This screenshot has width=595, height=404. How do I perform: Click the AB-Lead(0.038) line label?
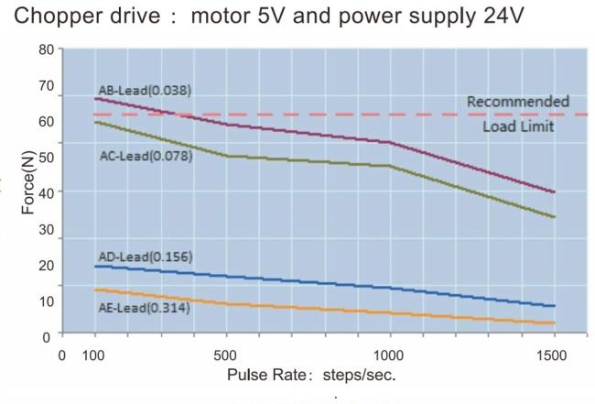click(x=146, y=90)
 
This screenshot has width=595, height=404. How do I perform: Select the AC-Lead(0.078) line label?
click(x=146, y=156)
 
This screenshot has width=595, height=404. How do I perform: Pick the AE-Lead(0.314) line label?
click(x=144, y=308)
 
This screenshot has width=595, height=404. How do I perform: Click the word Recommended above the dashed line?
click(x=518, y=101)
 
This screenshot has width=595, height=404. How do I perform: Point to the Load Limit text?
click(x=518, y=126)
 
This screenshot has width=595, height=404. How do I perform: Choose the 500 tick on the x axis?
click(x=225, y=354)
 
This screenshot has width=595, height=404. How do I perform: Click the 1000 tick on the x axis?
click(x=390, y=354)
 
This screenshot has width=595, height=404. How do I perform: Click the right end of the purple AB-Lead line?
click(x=555, y=192)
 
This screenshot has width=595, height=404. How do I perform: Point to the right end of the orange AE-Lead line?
click(x=555, y=322)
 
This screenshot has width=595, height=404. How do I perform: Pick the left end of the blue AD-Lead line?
click(x=95, y=267)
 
